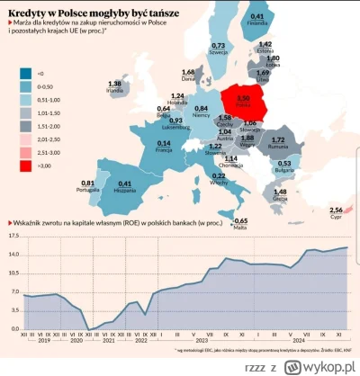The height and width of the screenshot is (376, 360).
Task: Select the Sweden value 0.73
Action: (218, 44)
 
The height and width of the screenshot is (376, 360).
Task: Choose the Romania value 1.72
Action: (280, 140)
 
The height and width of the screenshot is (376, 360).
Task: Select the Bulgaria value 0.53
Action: (283, 164)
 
